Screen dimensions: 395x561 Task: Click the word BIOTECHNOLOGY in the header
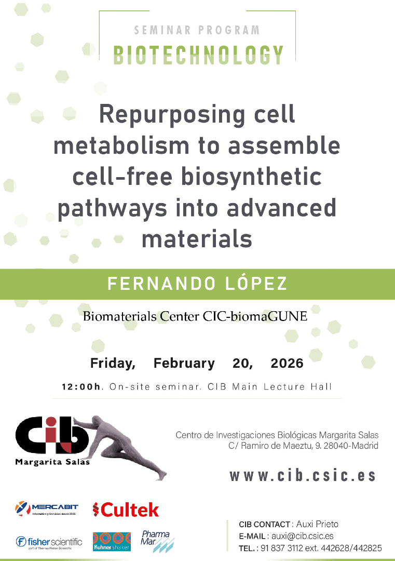pyautogui.click(x=198, y=55)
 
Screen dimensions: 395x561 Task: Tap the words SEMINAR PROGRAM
pyautogui.click(x=197, y=30)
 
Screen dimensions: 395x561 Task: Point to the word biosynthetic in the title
pyautogui.click(x=252, y=178)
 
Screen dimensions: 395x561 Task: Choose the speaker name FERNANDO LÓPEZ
pyautogui.click(x=197, y=284)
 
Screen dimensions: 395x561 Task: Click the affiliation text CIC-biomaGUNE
pyautogui.click(x=255, y=316)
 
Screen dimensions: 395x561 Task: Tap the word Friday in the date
pyautogui.click(x=113, y=364)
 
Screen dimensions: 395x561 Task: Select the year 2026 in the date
pyautogui.click(x=287, y=363)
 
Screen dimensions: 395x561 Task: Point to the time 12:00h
pyautogui.click(x=81, y=387)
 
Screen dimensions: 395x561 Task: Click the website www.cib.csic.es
pyautogui.click(x=303, y=475)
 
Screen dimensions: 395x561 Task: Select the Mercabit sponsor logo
pyautogui.click(x=47, y=509)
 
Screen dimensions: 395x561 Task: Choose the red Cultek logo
pyautogui.click(x=126, y=510)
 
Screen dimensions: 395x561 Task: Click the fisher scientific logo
pyautogui.click(x=49, y=542)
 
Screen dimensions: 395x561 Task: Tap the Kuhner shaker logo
pyautogui.click(x=112, y=542)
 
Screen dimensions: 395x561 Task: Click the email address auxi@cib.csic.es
pyautogui.click(x=303, y=536)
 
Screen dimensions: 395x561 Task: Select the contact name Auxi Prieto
pyautogui.click(x=318, y=524)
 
